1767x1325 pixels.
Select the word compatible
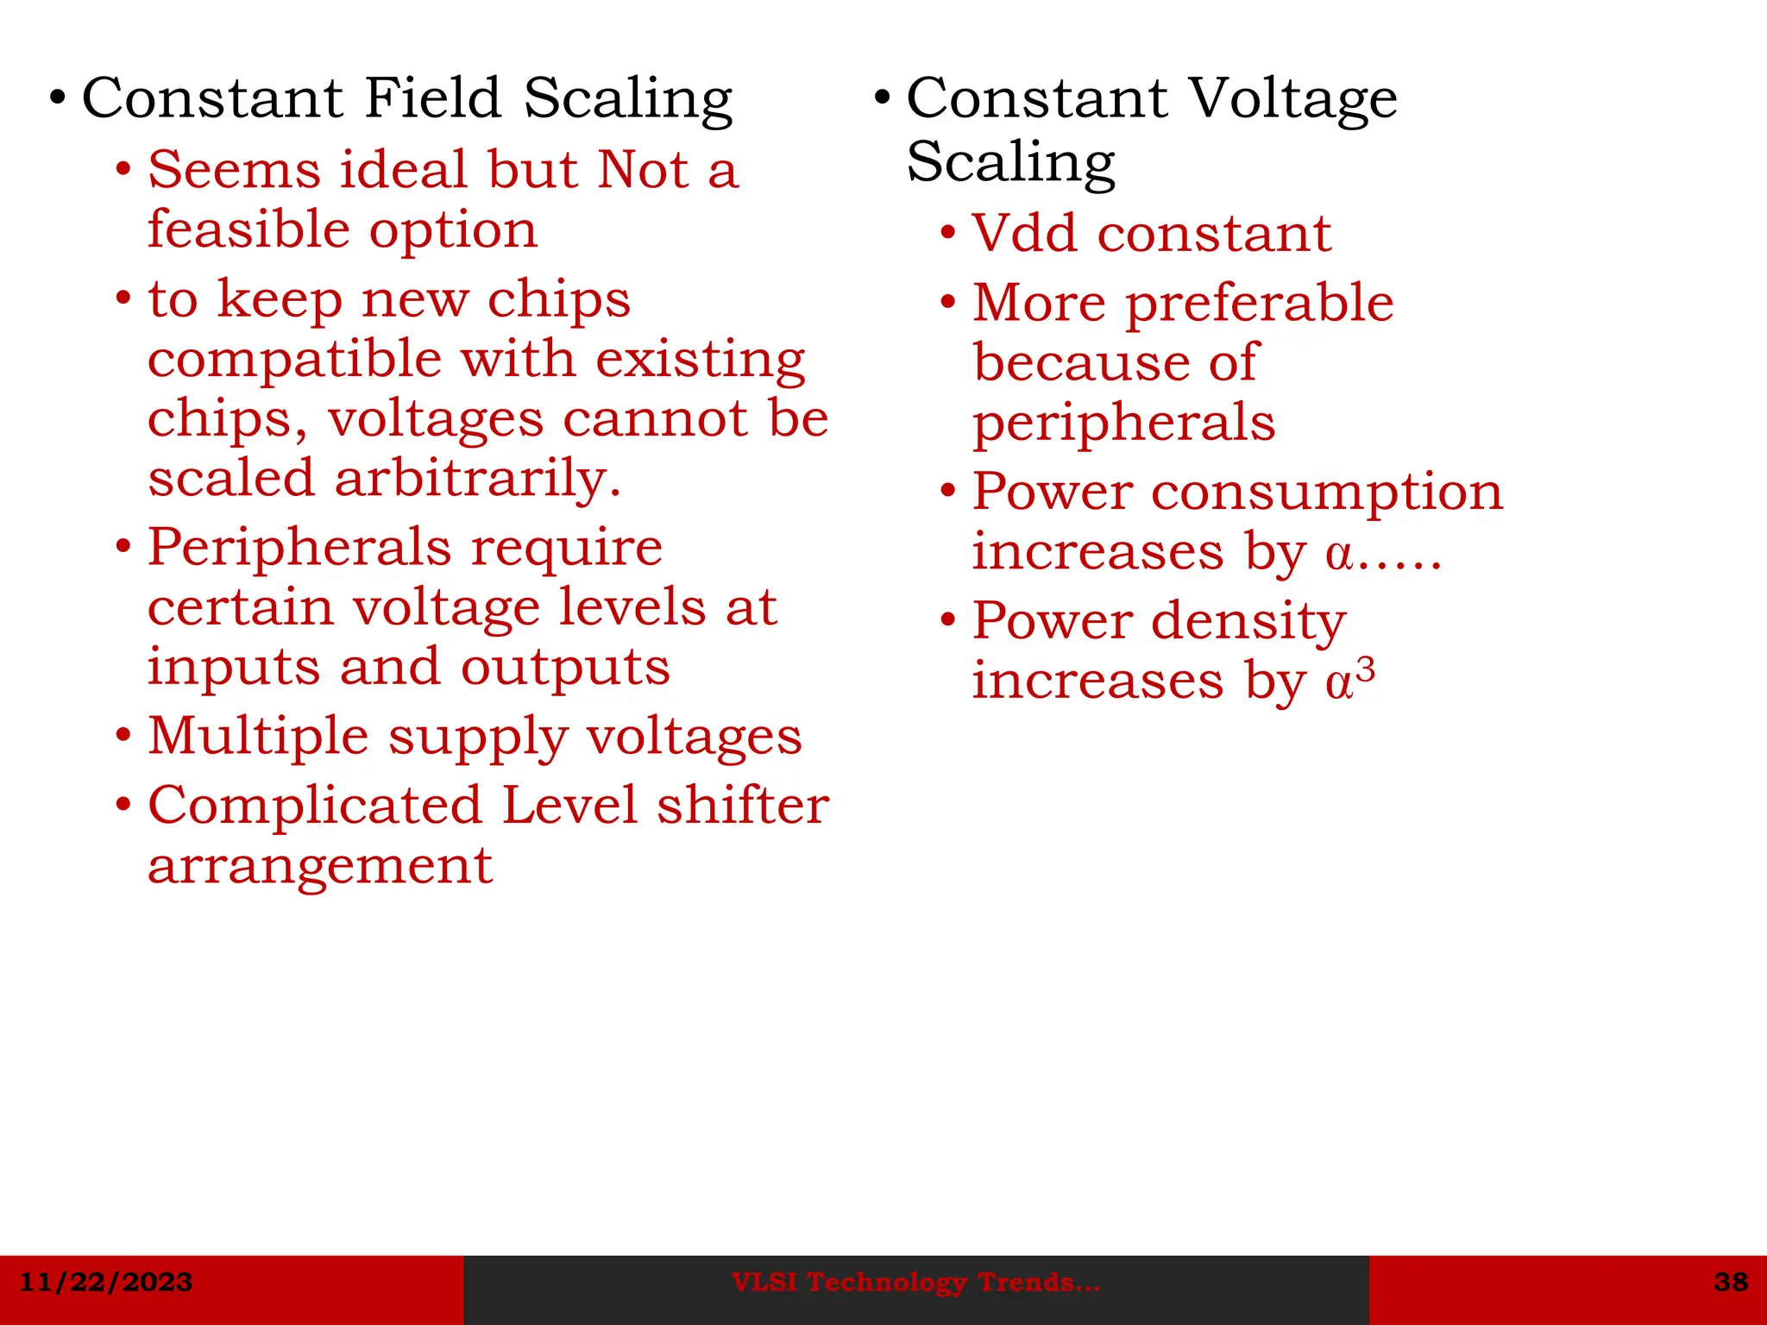click(x=294, y=360)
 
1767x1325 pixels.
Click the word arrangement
click(x=320, y=867)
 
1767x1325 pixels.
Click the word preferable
click(x=1260, y=304)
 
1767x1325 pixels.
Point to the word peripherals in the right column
click(x=1123, y=423)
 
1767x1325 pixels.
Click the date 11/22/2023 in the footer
click(x=106, y=1282)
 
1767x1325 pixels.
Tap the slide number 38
click(x=1731, y=1282)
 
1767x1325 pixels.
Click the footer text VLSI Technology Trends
click(x=915, y=1283)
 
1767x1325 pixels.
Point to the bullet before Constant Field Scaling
click(x=57, y=97)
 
